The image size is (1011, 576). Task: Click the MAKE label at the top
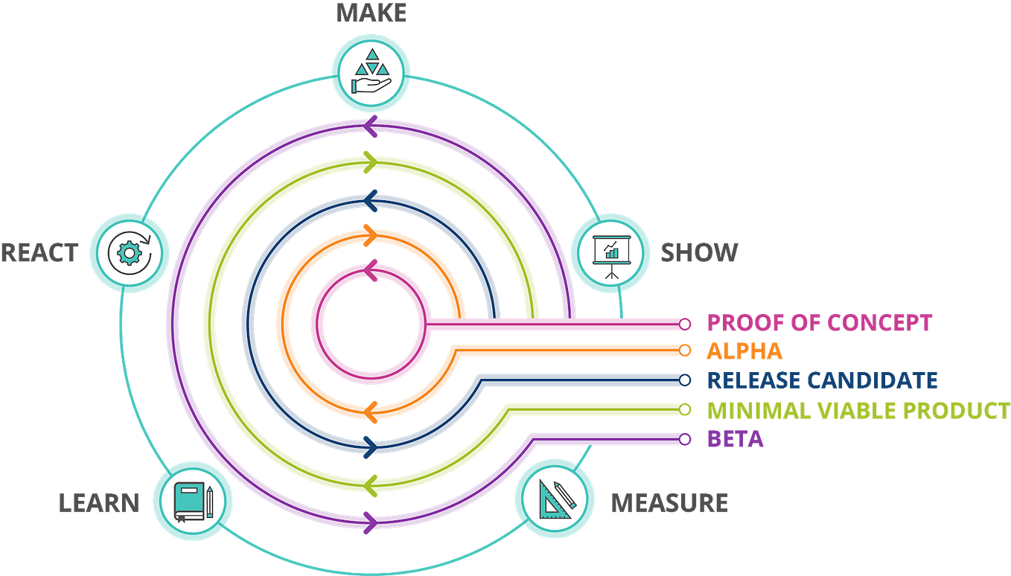[370, 13]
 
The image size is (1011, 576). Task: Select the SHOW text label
[699, 253]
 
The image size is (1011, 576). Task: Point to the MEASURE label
[669, 503]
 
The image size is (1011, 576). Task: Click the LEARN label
[99, 502]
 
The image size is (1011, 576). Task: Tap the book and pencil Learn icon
[193, 498]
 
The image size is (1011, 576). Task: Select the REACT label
[40, 253]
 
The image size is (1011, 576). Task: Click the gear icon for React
[130, 253]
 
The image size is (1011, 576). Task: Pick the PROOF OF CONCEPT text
[819, 323]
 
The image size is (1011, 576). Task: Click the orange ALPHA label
[744, 351]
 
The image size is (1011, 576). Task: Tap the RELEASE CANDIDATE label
[821, 380]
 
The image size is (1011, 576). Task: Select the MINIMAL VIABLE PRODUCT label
[857, 410]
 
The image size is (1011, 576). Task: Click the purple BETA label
[735, 439]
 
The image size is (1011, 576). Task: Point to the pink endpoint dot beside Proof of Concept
[685, 323]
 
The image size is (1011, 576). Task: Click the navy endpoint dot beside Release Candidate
[685, 380]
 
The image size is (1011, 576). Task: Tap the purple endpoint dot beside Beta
[685, 439]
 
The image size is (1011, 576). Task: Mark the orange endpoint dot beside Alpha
[685, 350]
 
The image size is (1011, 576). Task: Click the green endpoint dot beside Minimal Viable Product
[685, 409]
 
